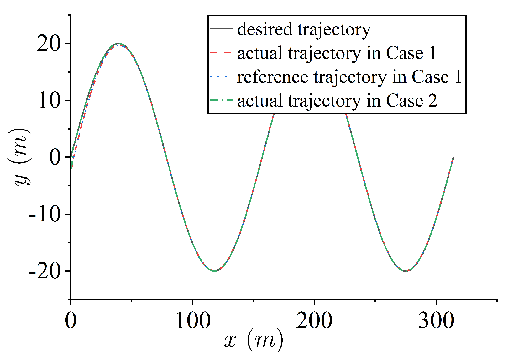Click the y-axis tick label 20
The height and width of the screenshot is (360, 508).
[x=48, y=44]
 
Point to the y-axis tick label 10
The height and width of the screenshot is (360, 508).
[x=49, y=101]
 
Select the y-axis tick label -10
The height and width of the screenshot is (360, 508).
[x=45, y=215]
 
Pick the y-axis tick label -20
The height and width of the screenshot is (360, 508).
[x=45, y=272]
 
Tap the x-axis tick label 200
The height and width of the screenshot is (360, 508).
[x=314, y=320]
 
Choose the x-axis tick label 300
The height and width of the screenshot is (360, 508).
[x=436, y=320]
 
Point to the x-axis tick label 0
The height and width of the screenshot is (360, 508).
[x=71, y=320]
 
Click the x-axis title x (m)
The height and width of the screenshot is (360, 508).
[x=254, y=341]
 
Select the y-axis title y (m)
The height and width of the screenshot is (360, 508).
[x=19, y=157]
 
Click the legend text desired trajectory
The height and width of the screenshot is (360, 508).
[x=304, y=29]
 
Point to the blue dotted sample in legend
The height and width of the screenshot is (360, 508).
[x=221, y=77]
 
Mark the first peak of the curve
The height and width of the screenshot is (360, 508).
[x=118, y=44]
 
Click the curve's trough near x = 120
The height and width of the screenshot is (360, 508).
[x=214, y=271]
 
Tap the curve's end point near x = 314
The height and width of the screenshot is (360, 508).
[x=453, y=158]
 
